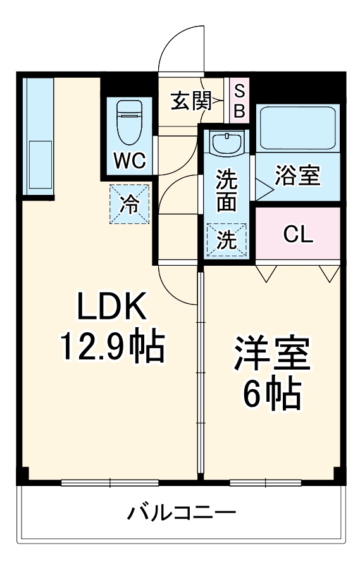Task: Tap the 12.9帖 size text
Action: click(112, 346)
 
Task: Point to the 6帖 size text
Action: click(272, 394)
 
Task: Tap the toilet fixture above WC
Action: click(130, 123)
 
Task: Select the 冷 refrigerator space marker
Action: click(129, 204)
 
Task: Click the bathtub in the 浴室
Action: click(297, 127)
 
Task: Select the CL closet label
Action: click(297, 234)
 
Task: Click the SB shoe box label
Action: click(239, 101)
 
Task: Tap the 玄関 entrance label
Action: click(190, 101)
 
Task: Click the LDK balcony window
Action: click(111, 483)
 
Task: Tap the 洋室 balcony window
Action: click(266, 483)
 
